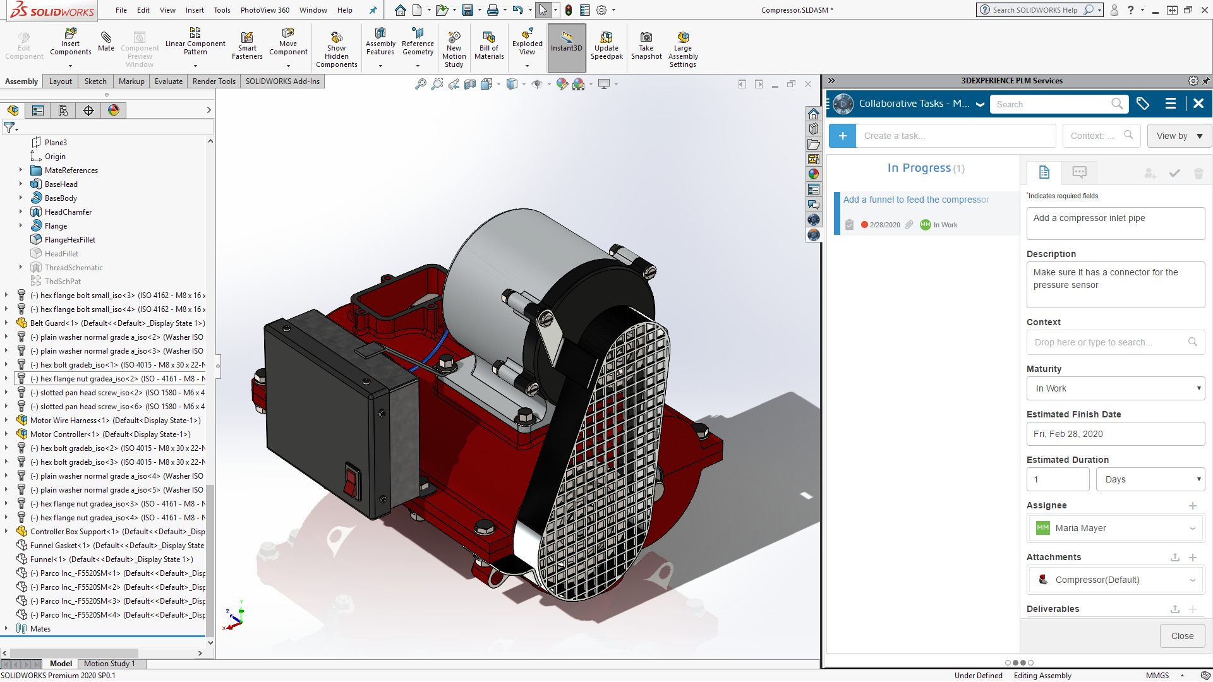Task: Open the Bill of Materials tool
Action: [x=489, y=45]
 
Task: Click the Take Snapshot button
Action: [x=646, y=45]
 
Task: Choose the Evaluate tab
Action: [x=169, y=81]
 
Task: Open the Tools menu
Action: [x=222, y=10]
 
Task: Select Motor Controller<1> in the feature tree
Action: [x=110, y=434]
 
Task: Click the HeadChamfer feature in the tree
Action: [x=68, y=212]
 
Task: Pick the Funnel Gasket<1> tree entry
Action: [x=117, y=546]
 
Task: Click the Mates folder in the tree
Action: [x=40, y=629]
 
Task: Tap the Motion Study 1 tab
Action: [x=109, y=664]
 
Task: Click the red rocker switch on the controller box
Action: [x=352, y=481]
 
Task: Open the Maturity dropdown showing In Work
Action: [x=1115, y=388]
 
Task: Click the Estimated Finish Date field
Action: [x=1115, y=434]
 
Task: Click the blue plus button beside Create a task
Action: [x=842, y=136]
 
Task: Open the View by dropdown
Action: [x=1178, y=136]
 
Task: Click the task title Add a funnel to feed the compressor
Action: [x=916, y=200]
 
